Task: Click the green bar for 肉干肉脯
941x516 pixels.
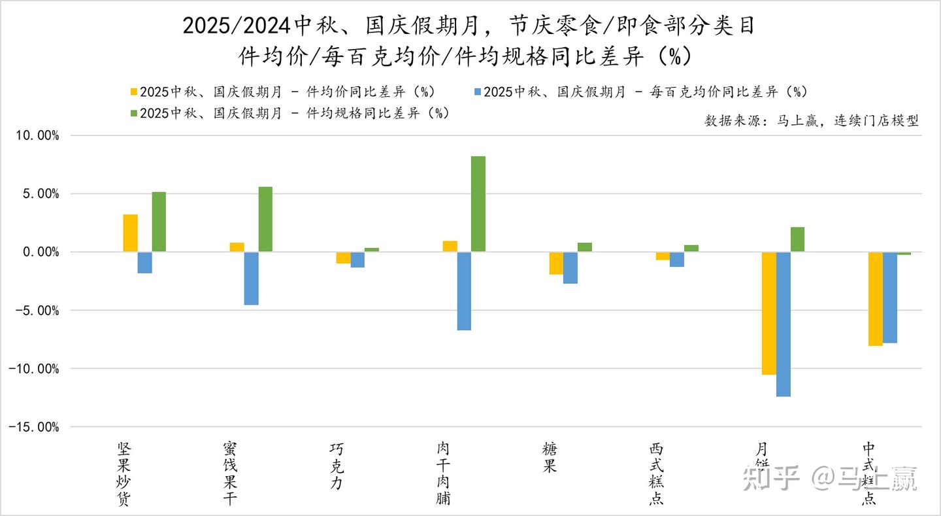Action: point(478,204)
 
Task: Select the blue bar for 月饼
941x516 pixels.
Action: point(783,324)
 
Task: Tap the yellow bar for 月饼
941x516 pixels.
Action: point(768,313)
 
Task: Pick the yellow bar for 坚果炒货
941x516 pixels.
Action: point(131,233)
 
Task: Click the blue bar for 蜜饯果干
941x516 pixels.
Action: point(251,278)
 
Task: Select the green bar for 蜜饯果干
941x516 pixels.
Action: point(265,219)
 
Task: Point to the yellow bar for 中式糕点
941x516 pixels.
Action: point(875,298)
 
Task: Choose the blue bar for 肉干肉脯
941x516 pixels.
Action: point(464,291)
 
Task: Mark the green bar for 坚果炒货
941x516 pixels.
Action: point(159,222)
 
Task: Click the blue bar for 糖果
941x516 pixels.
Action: point(570,267)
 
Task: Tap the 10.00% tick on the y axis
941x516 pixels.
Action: point(37,136)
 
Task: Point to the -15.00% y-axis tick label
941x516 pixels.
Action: point(35,427)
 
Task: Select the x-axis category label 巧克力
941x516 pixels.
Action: point(337,467)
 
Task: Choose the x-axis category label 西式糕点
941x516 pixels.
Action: point(656,474)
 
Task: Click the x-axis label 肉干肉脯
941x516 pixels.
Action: point(443,474)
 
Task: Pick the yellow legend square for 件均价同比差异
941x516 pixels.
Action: point(134,92)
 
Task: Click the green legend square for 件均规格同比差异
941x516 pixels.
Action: point(134,113)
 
